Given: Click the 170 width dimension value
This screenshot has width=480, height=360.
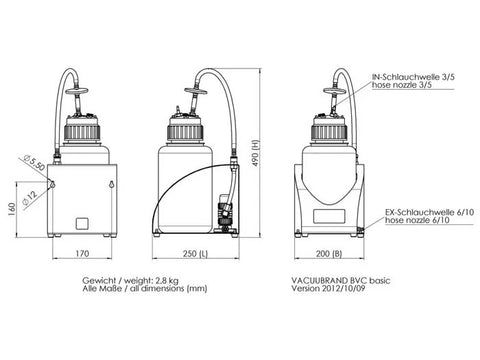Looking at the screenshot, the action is coord(82,254).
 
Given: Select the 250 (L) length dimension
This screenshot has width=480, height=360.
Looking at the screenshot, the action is coord(195,254).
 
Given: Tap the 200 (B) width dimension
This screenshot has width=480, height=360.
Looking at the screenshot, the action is coord(329,254).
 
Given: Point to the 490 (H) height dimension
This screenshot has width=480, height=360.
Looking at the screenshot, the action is coord(255,153).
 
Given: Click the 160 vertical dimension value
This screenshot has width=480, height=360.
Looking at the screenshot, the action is coord(12,210).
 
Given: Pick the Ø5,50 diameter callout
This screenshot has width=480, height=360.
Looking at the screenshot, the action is coord(34,162).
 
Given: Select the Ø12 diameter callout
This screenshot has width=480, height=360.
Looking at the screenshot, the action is coord(30,198).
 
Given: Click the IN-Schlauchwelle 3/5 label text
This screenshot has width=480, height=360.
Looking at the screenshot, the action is coord(413,77).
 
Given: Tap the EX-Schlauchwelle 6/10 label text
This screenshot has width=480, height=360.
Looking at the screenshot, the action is coord(429,212).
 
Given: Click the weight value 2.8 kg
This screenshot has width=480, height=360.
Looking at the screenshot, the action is coord(167,281).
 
